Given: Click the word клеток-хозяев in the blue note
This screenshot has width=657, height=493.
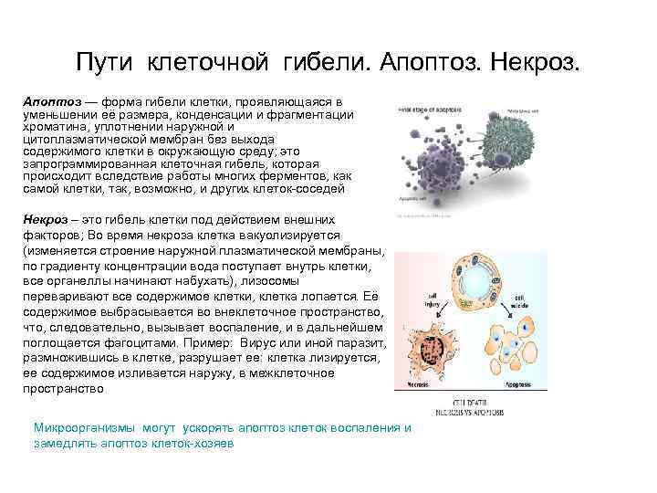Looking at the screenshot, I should [193, 442].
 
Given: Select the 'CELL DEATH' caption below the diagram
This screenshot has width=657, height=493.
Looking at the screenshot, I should [471, 402].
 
